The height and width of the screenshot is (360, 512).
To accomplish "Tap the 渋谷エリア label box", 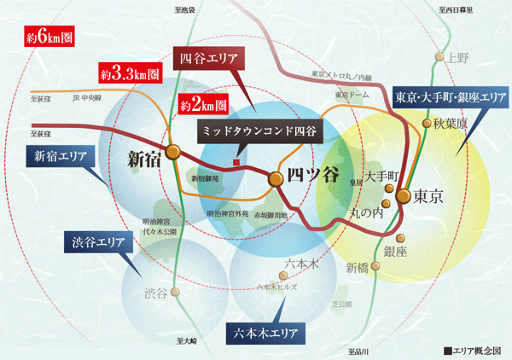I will click(x=98, y=241).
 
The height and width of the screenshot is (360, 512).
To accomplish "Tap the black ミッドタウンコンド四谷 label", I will click(x=259, y=132).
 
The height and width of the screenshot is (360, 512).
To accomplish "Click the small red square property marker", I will click(x=236, y=162).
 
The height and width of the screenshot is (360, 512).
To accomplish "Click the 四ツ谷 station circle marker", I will click(x=276, y=179).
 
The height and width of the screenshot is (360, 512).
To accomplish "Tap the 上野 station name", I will click(x=458, y=58).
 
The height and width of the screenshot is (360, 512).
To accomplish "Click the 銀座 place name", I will click(x=396, y=252).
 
